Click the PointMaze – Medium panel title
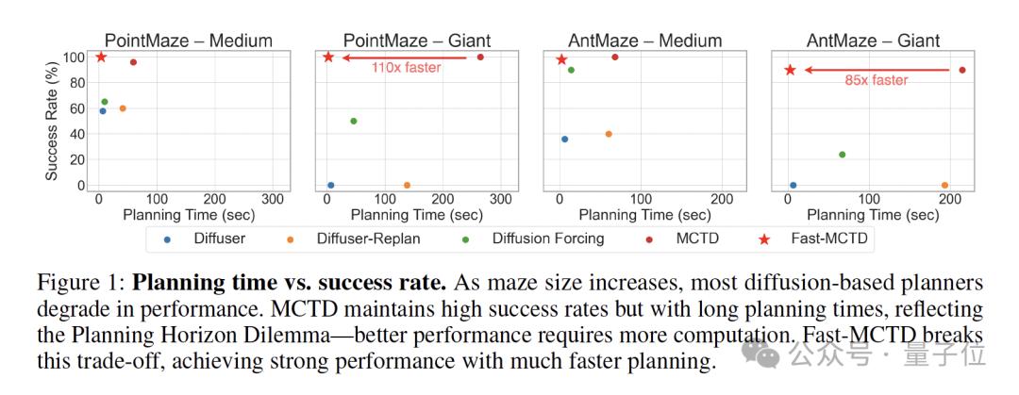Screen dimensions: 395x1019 pyautogui.click(x=188, y=41)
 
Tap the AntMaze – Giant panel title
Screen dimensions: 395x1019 pyautogui.click(x=873, y=41)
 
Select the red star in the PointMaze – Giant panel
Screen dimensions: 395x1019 pyautogui.click(x=328, y=58)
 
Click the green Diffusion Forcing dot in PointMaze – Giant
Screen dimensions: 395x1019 pyautogui.click(x=354, y=121)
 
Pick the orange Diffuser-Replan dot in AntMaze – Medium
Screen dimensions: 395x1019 pyautogui.click(x=609, y=134)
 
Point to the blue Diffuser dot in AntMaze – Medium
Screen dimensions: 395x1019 pyautogui.click(x=564, y=140)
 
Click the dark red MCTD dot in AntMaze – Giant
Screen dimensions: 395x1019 pyautogui.click(x=962, y=70)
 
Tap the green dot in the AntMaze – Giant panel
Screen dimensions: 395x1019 pyautogui.click(x=842, y=155)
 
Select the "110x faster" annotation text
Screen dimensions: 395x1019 pyautogui.click(x=406, y=68)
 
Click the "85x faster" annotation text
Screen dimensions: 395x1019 pyautogui.click(x=877, y=81)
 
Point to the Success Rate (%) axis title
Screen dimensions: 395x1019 pyautogui.click(x=55, y=119)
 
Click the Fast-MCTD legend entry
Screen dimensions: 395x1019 pyautogui.click(x=815, y=239)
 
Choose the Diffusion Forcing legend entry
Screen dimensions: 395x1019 pyautogui.click(x=547, y=239)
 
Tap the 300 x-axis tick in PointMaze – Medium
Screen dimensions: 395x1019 pyautogui.click(x=273, y=200)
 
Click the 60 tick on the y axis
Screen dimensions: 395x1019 pyautogui.click(x=78, y=108)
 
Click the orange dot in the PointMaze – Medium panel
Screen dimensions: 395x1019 pyautogui.click(x=123, y=108)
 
